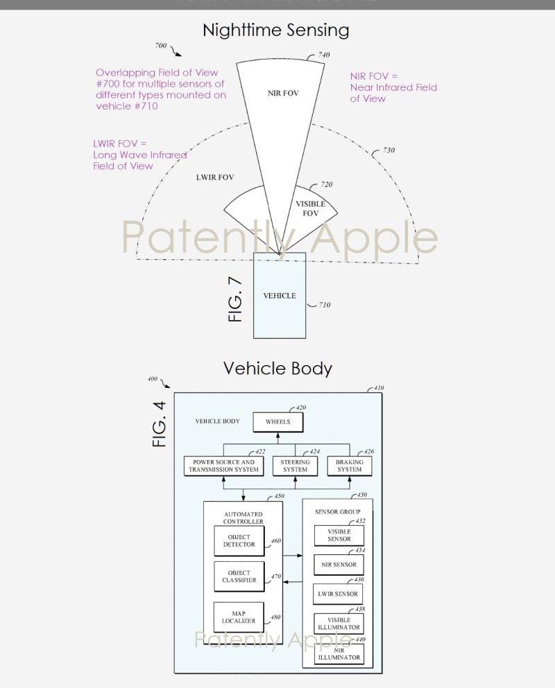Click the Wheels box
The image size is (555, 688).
[x=277, y=422]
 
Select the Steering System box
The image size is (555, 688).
[x=296, y=466]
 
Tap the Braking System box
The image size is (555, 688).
[x=349, y=466]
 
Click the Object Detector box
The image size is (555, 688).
[x=239, y=541]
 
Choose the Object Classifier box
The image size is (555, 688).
[x=239, y=577]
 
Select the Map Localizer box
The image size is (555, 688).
[x=239, y=617]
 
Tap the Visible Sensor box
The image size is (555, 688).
[x=339, y=536]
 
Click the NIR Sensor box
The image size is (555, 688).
[x=339, y=565]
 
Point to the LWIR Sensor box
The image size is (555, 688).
[x=339, y=594]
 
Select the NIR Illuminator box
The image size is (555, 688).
[x=339, y=653]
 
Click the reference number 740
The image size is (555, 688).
[x=324, y=55]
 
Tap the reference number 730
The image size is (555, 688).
[x=388, y=150]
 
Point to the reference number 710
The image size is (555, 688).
[x=325, y=305]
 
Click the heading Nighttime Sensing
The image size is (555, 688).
[x=275, y=30]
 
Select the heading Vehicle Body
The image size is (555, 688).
[x=277, y=369]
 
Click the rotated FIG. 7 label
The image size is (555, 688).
[x=236, y=299]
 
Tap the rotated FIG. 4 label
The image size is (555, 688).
[x=160, y=424]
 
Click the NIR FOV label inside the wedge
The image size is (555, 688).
[x=283, y=94]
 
